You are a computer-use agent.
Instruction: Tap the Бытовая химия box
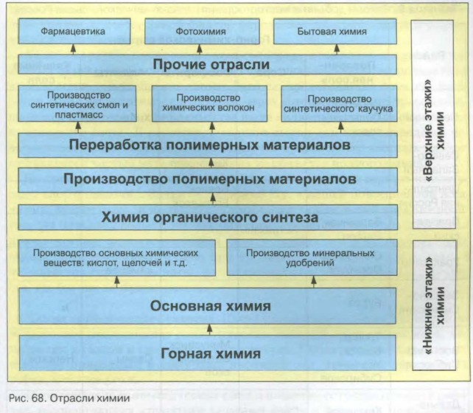[333, 32]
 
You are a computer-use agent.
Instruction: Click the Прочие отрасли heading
[210, 65]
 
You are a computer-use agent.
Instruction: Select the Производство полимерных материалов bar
[210, 179]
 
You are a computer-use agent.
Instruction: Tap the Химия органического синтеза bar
[210, 218]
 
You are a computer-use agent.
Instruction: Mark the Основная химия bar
[210, 305]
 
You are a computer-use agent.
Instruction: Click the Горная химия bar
[210, 353]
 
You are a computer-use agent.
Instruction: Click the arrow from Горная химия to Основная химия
[210, 328]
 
